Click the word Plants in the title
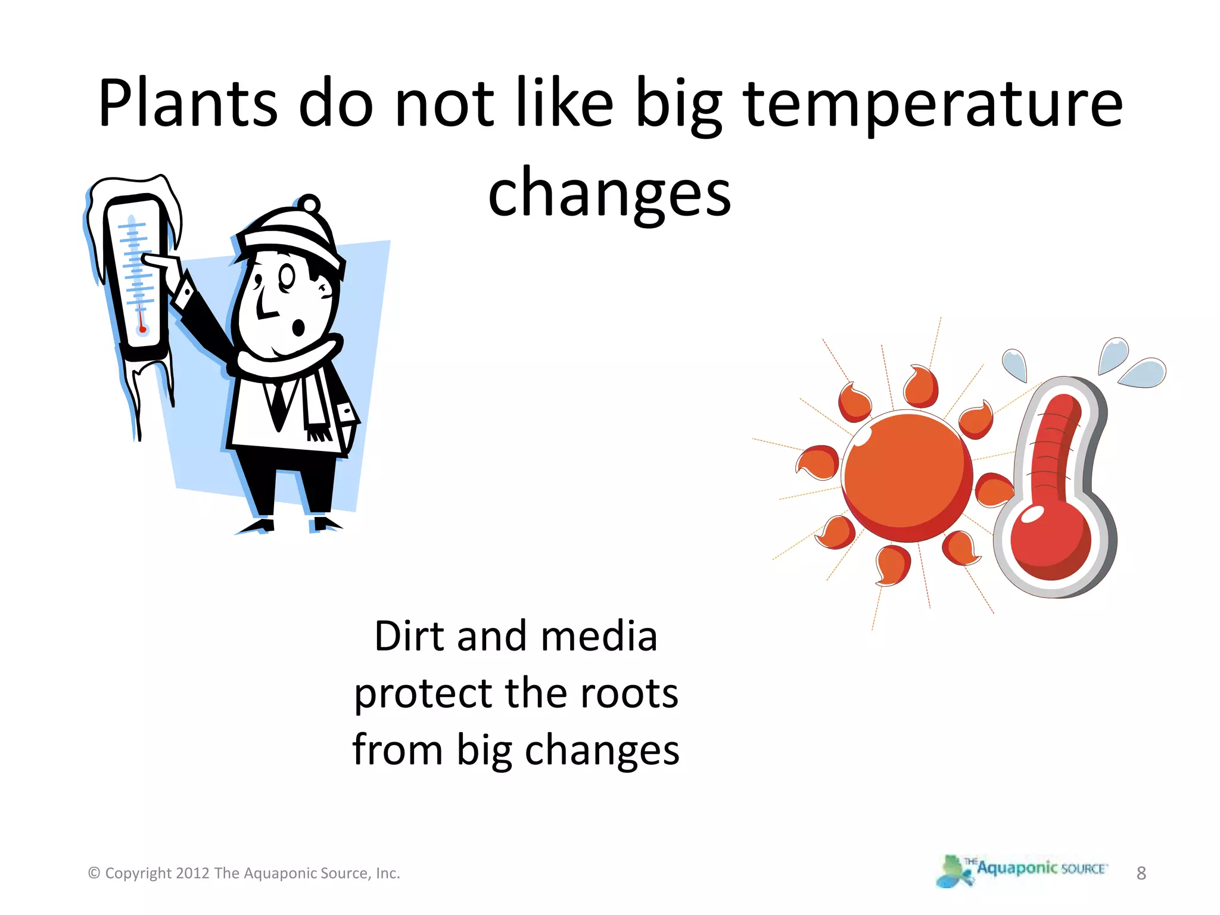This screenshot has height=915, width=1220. pyautogui.click(x=188, y=104)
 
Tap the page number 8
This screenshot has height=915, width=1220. pyautogui.click(x=1141, y=873)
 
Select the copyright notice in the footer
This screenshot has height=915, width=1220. pyautogui.click(x=244, y=873)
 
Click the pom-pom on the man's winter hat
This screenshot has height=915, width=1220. pyautogui.click(x=309, y=204)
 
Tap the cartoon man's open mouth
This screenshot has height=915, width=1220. pyautogui.click(x=298, y=327)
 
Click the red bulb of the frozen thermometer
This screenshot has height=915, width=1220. pyautogui.click(x=142, y=329)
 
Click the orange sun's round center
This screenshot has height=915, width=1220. pyautogui.click(x=907, y=477)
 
